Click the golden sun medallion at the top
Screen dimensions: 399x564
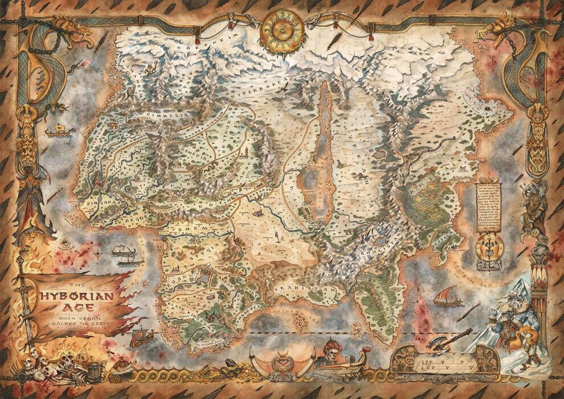click(282, 28)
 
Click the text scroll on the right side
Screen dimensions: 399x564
click(489, 211)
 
